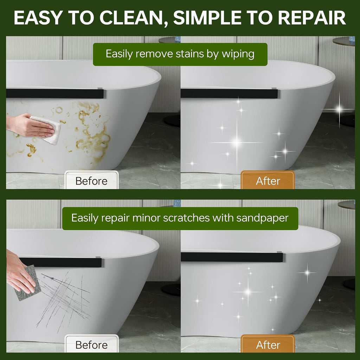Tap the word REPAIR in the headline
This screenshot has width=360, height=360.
313,18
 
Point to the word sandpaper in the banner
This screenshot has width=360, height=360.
262,218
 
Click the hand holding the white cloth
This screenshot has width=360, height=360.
30,126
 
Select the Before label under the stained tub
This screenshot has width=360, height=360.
91,181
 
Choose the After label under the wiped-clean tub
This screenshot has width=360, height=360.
268,181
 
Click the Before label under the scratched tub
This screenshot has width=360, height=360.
91,345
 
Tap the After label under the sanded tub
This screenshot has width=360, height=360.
268,345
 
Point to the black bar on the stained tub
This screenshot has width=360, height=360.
55,94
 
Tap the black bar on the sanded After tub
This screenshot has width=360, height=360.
232,257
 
